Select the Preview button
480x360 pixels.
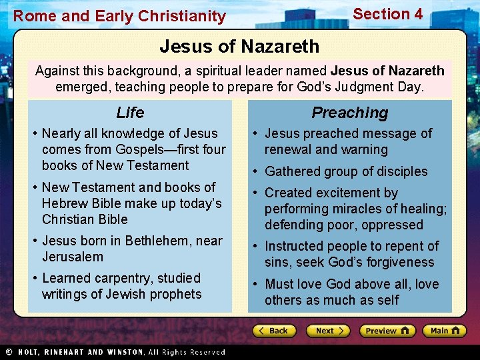387,331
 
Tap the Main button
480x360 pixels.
444,331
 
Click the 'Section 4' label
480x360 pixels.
387,14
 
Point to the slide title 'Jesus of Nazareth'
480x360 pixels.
239,47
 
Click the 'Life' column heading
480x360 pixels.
130,113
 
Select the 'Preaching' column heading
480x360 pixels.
349,113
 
